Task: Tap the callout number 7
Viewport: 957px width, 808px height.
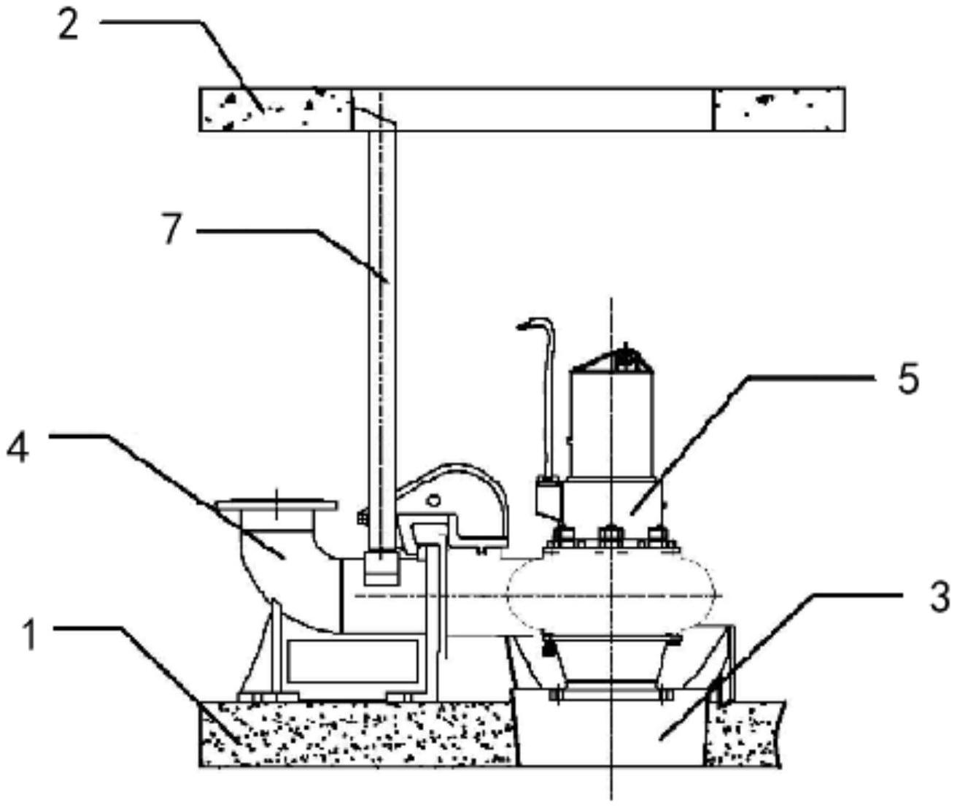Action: point(171,231)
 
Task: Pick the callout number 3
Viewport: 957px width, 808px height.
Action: point(939,597)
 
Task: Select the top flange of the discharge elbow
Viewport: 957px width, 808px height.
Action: point(277,504)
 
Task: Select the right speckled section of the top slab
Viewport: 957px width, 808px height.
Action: point(778,109)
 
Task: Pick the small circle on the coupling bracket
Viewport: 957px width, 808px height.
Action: point(434,501)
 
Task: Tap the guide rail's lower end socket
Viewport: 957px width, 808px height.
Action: point(380,567)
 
